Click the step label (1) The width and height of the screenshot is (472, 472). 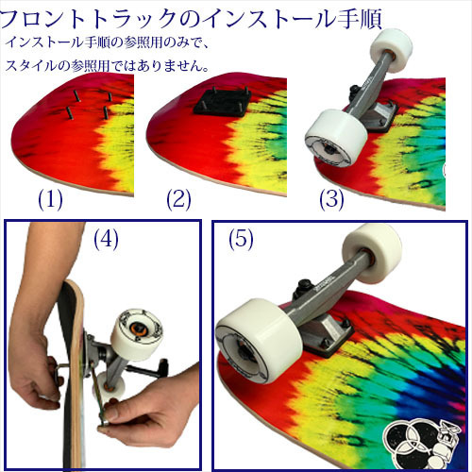(x=50, y=199)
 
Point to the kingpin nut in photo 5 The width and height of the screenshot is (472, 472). (x=306, y=285)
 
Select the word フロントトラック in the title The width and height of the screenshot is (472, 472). (x=84, y=16)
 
